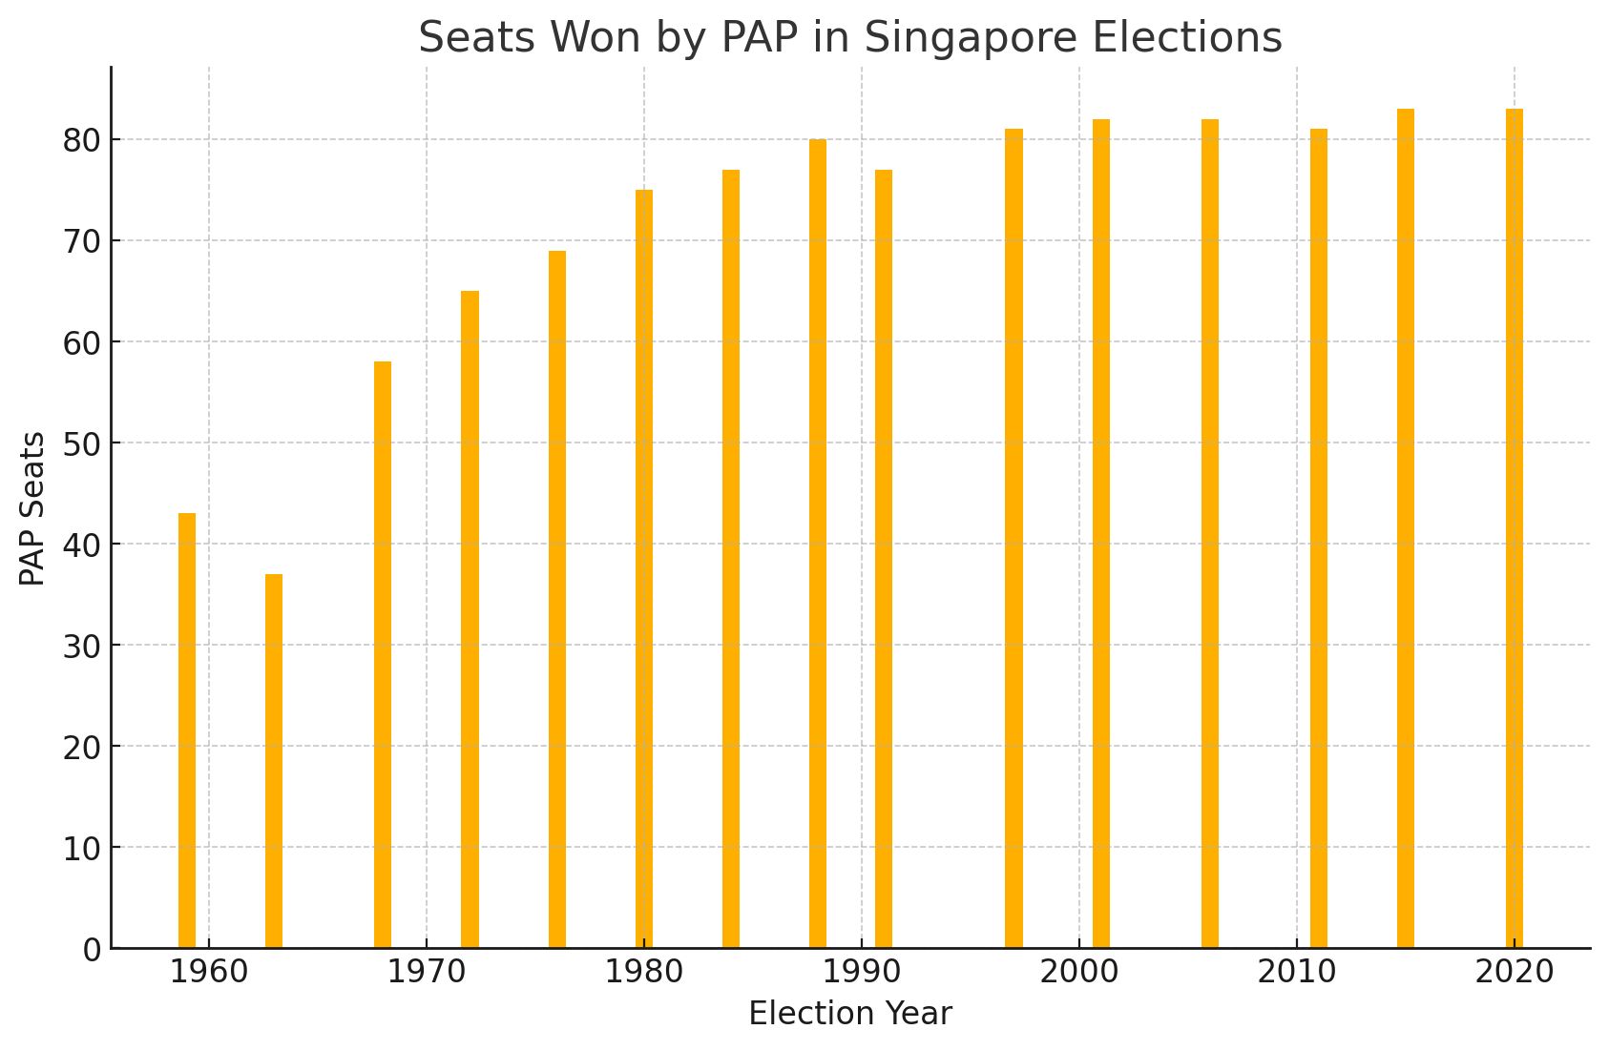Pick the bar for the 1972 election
(x=470, y=620)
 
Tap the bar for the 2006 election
(x=1210, y=534)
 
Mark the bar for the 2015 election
(x=1406, y=528)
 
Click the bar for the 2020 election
(x=1515, y=528)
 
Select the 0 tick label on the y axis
(x=92, y=950)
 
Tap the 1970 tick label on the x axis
(x=426, y=972)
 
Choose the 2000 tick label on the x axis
(x=1079, y=972)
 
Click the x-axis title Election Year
(x=850, y=1014)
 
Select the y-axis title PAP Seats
(x=32, y=508)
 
